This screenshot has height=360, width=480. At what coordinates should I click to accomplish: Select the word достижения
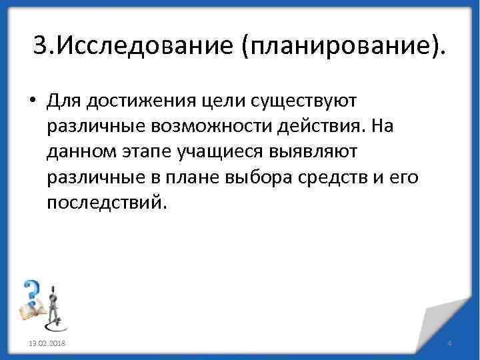point(140,101)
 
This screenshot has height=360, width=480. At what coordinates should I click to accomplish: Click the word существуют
point(306,101)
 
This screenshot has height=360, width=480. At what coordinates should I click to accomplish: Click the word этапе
point(147,152)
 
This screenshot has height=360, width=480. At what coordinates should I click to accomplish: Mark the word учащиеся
point(220,152)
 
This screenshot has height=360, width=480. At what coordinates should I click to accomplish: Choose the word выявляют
point(315,152)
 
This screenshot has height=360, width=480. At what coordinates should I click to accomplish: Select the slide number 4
point(449,343)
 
